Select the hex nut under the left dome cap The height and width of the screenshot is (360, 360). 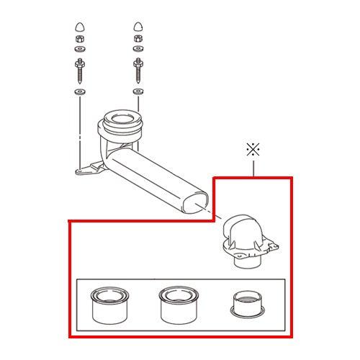pyautogui.click(x=79, y=40)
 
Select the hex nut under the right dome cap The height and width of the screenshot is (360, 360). pyautogui.click(x=137, y=40)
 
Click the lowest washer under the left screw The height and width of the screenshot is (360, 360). pyautogui.click(x=79, y=92)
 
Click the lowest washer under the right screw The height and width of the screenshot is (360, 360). pyautogui.click(x=137, y=92)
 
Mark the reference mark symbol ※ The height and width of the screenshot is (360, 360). pyautogui.click(x=252, y=150)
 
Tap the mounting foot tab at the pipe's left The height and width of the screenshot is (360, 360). pyautogui.click(x=88, y=169)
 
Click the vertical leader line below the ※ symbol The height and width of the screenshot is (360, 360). pyautogui.click(x=252, y=168)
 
